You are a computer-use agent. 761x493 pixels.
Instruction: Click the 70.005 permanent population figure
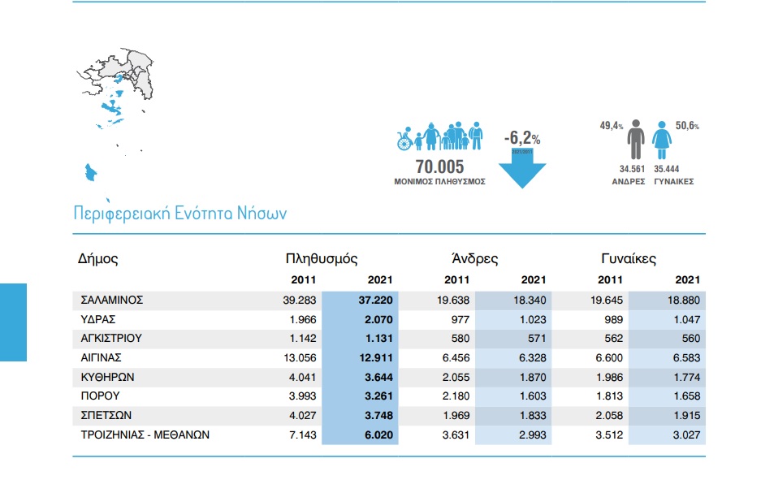[439, 166]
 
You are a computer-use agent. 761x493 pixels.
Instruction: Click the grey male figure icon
[636, 140]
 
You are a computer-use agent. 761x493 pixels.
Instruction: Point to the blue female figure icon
[663, 141]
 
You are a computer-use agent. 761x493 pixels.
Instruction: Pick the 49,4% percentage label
[611, 126]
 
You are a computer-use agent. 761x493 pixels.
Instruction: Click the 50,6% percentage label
[687, 126]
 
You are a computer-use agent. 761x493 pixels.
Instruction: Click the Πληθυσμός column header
[322, 259]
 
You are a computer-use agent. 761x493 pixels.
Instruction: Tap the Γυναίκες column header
[629, 259]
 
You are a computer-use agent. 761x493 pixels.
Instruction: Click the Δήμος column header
[98, 259]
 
